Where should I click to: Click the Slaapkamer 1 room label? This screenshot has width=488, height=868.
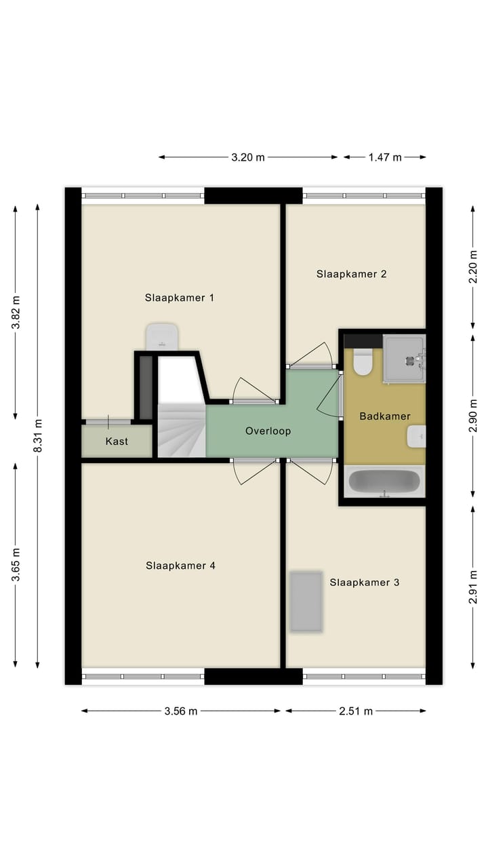click(180, 297)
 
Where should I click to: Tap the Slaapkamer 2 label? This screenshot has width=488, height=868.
click(351, 274)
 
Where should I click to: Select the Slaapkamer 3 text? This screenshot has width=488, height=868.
click(365, 582)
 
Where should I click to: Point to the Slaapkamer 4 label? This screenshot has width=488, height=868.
click(180, 565)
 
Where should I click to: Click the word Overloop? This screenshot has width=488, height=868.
click(268, 431)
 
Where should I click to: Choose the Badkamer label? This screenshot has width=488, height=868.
click(385, 416)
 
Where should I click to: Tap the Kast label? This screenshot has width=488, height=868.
click(117, 441)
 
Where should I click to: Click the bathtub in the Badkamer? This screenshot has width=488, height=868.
click(384, 482)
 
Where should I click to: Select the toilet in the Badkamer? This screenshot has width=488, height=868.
click(363, 361)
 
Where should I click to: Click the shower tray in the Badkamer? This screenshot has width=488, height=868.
click(404, 359)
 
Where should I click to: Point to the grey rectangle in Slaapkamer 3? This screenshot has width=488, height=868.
click(306, 601)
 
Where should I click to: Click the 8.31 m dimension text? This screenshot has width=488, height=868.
click(38, 435)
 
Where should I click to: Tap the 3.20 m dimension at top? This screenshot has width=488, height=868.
click(247, 157)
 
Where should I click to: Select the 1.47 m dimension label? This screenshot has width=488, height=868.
click(384, 157)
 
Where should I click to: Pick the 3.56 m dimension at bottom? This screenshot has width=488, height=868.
click(181, 711)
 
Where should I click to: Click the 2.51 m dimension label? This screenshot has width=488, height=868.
click(356, 711)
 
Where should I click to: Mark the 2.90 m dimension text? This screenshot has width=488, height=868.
click(473, 416)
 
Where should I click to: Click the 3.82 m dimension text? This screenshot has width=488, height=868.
click(16, 313)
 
